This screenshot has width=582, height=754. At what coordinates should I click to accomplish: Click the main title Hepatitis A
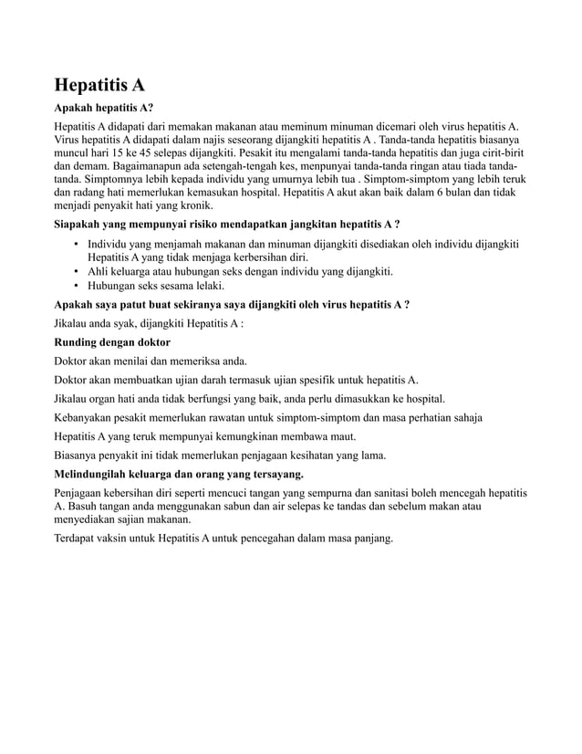click(x=99, y=86)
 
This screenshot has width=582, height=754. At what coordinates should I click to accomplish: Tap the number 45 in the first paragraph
click(x=165, y=153)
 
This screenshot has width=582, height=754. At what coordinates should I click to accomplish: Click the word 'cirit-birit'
click(x=507, y=153)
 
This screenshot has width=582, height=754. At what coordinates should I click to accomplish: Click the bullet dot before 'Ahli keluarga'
click(x=76, y=272)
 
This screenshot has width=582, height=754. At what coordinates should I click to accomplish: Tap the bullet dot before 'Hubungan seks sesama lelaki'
click(x=76, y=286)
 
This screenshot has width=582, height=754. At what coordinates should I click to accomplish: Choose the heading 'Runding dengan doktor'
click(x=112, y=341)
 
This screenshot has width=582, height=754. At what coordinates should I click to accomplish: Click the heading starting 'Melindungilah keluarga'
click(x=179, y=475)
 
